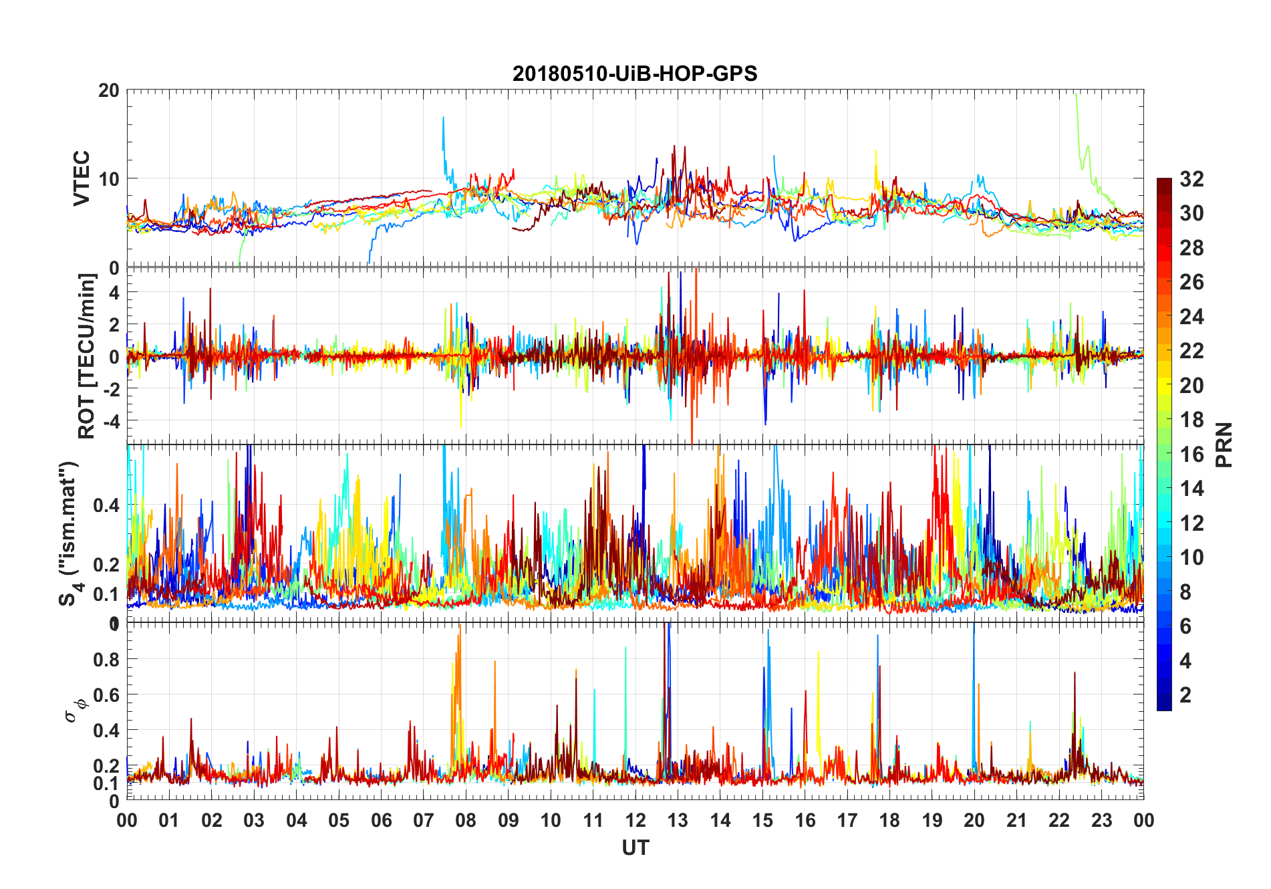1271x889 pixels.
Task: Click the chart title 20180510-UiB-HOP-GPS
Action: pyautogui.click(x=635, y=74)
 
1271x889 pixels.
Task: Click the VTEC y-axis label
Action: pyautogui.click(x=82, y=178)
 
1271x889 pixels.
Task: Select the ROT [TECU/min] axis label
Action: pyautogui.click(x=87, y=356)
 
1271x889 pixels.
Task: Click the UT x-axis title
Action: pyautogui.click(x=635, y=848)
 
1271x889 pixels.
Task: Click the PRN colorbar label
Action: pyautogui.click(x=1224, y=444)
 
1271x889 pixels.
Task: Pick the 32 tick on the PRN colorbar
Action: pyautogui.click(x=1191, y=179)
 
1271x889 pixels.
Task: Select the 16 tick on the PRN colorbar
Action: pyautogui.click(x=1191, y=455)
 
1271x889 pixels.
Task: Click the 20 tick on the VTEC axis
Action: pyautogui.click(x=109, y=90)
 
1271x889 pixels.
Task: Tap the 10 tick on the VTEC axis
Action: pyautogui.click(x=109, y=179)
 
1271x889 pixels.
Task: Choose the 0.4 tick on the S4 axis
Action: pyautogui.click(x=106, y=505)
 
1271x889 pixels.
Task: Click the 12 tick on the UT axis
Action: pyautogui.click(x=635, y=820)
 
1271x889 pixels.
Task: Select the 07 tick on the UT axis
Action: pyautogui.click(x=424, y=820)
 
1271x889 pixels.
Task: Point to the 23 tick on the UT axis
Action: pyautogui.click(x=1101, y=820)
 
